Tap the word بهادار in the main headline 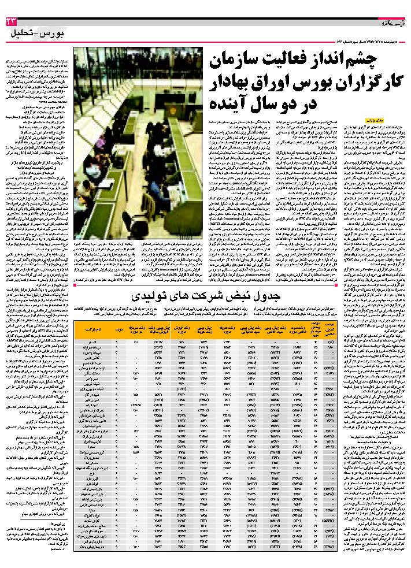(x=238, y=83)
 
